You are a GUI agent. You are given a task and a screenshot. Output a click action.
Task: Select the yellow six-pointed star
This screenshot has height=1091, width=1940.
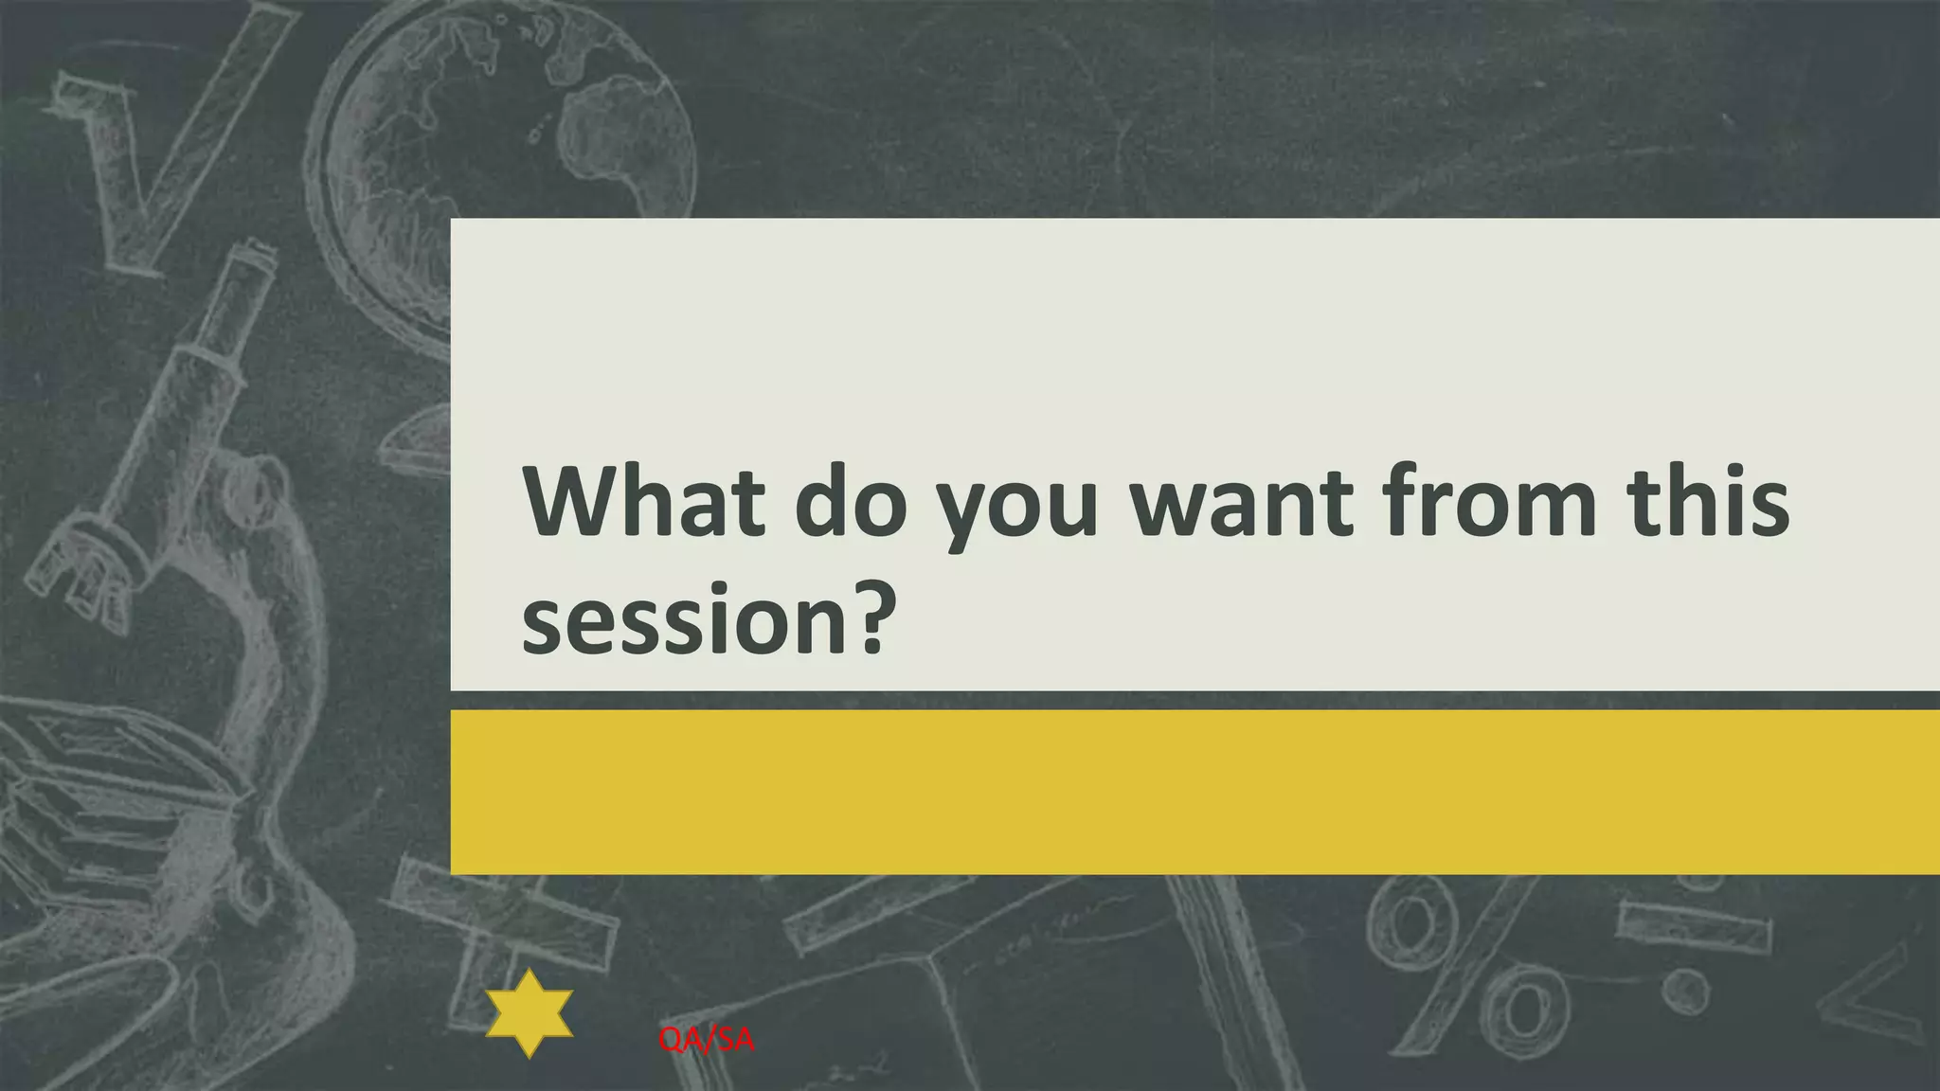530,1013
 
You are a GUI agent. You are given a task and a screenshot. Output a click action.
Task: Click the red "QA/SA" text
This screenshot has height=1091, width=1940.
707,1040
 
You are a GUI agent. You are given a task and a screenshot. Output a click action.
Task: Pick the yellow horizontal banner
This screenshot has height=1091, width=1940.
1194,792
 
